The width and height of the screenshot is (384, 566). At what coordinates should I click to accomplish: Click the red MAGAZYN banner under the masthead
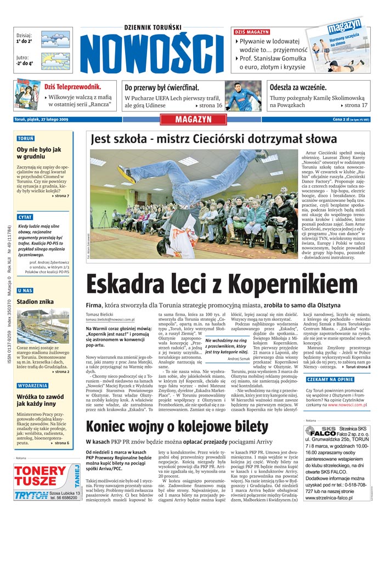tap(193, 120)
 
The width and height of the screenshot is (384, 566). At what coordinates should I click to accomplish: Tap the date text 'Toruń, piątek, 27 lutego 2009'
tap(41, 120)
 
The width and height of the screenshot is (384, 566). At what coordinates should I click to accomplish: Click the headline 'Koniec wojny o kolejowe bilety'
tap(177, 427)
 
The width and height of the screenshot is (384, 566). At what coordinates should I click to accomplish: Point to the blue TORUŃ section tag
tap(26, 139)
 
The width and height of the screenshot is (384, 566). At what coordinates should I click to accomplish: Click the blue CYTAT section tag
tap(25, 217)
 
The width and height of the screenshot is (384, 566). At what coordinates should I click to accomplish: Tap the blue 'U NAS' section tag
tap(25, 290)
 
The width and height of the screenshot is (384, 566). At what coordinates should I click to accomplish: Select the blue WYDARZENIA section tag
tap(32, 386)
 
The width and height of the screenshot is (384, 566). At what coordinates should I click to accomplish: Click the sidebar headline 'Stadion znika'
tap(35, 301)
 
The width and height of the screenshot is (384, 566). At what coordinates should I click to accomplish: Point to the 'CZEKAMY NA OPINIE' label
tap(330, 395)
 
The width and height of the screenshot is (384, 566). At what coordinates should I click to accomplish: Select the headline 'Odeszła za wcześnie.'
tap(298, 87)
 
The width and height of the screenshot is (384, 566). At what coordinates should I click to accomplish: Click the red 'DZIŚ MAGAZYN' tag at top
tap(252, 32)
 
